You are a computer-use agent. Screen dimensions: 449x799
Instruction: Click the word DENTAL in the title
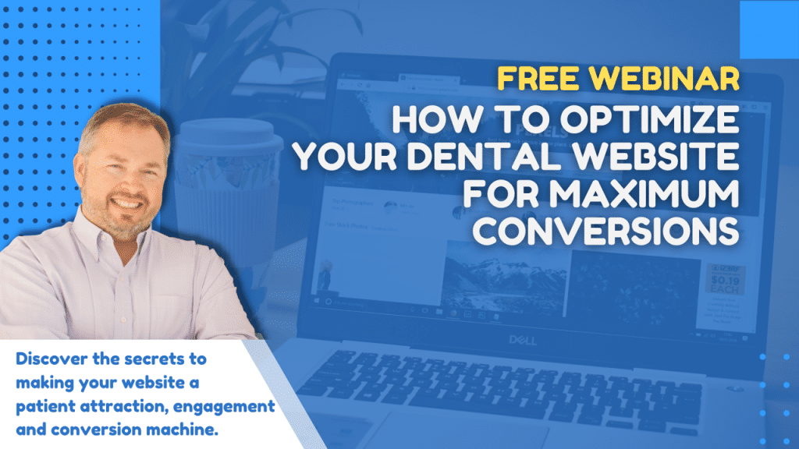click(x=495, y=157)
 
